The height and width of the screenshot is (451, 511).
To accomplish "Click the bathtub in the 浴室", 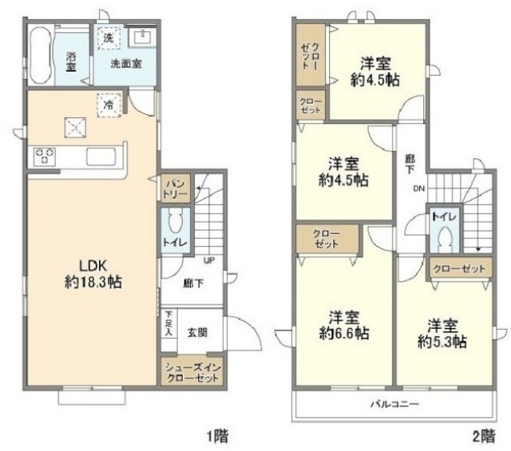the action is pos(40,55).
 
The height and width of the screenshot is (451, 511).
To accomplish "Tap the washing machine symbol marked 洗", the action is pos(109,38).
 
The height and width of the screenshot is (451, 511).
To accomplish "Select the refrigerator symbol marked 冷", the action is pos(109,105).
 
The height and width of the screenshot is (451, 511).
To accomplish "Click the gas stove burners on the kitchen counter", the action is pos(45,156).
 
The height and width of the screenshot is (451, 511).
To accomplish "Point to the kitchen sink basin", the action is pos(101,156).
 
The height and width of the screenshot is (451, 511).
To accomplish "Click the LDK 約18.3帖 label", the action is pos(93,274).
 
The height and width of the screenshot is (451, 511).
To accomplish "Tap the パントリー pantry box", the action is pos(176,188).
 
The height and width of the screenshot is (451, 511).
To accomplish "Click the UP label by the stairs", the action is pos(208,260).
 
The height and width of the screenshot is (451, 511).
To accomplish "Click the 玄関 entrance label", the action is pos(197,332).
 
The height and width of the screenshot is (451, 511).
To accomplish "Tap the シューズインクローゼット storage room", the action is pos(192,373).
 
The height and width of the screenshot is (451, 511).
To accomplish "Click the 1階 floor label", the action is pos(218,436).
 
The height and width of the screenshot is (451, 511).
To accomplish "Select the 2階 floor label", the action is pos(484,436).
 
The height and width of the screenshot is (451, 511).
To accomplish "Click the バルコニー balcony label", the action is pos(395,405).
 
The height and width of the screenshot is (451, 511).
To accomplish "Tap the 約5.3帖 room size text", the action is pos(442,342).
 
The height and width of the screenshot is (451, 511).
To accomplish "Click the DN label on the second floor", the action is pos(419,188).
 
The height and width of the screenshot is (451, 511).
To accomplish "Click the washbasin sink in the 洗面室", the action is pos(143,37).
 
